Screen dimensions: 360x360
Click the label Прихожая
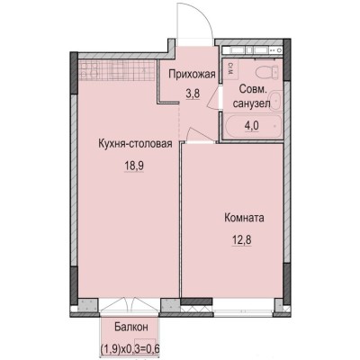193,76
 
